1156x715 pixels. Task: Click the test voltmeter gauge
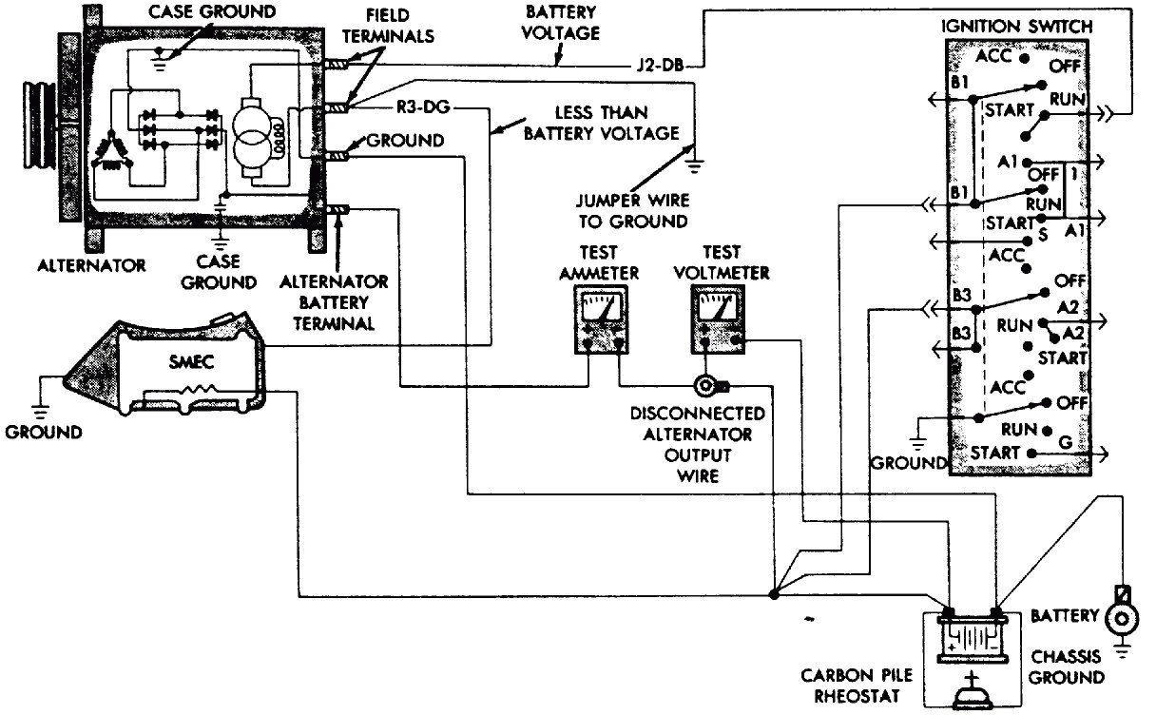point(719,322)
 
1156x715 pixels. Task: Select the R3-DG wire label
point(422,107)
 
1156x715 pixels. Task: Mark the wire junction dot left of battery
point(772,595)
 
